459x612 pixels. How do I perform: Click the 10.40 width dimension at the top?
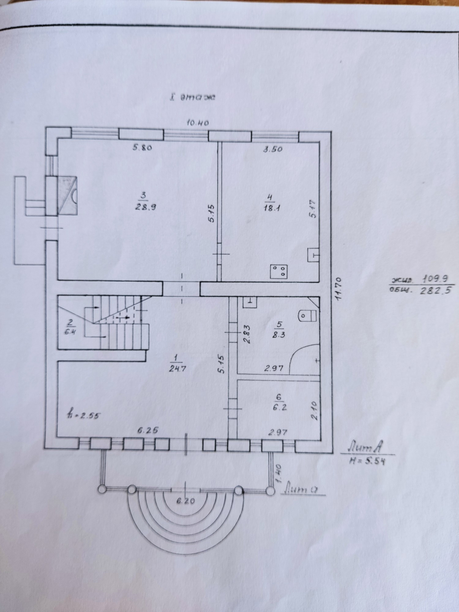coord(197,123)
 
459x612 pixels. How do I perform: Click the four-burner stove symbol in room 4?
coord(279,271)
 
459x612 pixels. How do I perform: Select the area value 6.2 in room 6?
coord(279,408)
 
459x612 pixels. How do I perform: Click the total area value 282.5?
coord(435,290)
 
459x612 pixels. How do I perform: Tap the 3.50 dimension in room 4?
coord(273,149)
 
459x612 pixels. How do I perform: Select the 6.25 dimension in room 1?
coord(148,430)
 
